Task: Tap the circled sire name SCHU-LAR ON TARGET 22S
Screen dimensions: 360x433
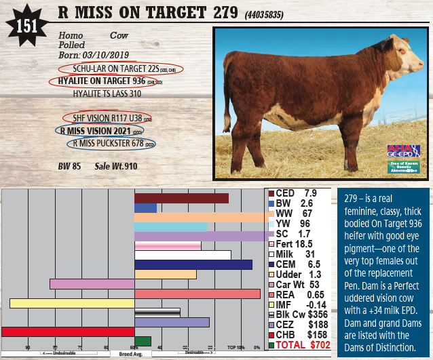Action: coord(120,68)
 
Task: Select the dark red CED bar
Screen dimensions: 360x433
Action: coord(181,198)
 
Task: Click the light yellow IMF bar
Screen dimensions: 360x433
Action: coord(72,303)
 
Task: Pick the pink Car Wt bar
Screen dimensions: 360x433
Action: coord(92,283)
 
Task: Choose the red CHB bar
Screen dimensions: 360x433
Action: coord(68,332)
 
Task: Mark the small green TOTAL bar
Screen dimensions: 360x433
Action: coord(143,341)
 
